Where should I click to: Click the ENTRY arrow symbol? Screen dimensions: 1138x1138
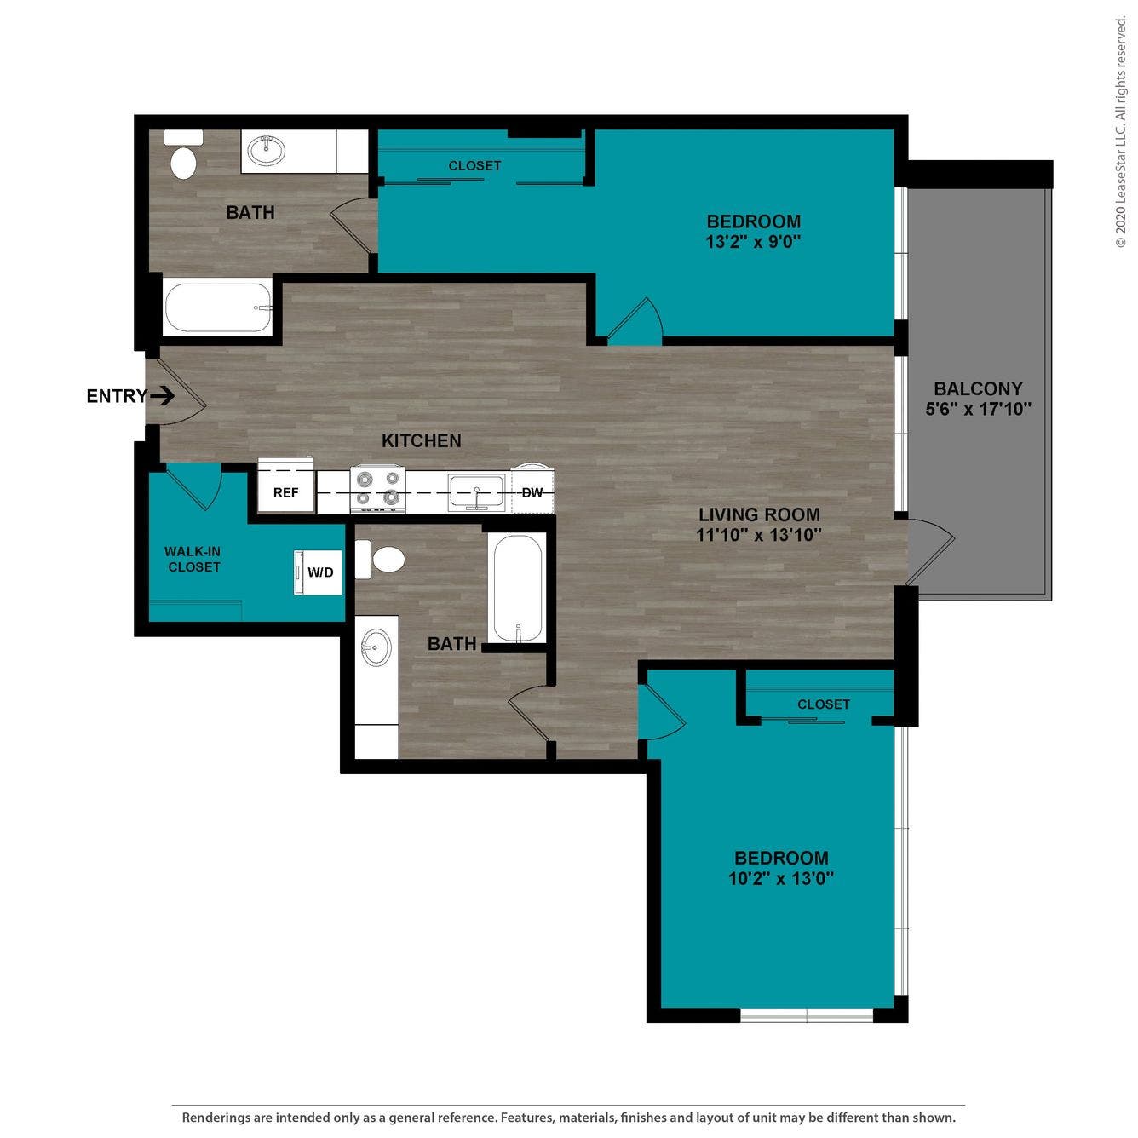pos(163,396)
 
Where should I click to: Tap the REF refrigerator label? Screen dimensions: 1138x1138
pos(286,493)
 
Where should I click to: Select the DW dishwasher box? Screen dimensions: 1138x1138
pos(532,493)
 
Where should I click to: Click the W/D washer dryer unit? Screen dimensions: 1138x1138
pos(319,572)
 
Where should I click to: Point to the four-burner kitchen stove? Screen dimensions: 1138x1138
pos(377,489)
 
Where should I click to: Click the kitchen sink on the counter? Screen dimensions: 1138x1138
pos(477,493)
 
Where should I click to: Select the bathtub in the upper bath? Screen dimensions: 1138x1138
pos(218,307)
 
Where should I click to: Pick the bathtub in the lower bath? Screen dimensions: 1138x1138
pos(517,588)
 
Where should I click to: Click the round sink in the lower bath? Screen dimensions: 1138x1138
pos(376,648)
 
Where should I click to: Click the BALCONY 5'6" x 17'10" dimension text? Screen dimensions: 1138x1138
pos(978,409)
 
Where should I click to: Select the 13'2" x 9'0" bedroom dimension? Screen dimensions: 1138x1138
pos(753,242)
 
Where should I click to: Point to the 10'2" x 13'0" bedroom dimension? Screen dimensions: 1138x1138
pos(780,878)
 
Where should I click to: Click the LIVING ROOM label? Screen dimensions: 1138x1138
pos(759,514)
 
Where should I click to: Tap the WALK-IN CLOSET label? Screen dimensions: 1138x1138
pos(193,560)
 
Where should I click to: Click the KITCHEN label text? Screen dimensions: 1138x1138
pos(421,440)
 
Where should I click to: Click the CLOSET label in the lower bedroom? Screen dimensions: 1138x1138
pos(823,704)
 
